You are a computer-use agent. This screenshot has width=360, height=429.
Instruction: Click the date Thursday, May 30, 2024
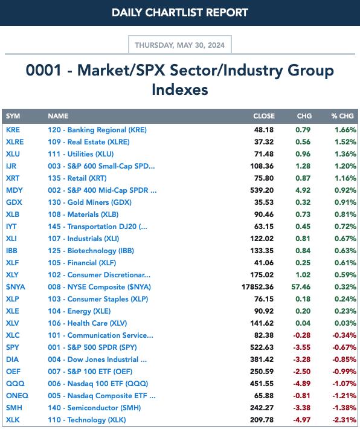(x=180, y=45)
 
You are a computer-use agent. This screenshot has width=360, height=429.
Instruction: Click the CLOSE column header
(x=264, y=116)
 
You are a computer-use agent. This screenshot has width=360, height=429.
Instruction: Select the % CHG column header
(x=342, y=116)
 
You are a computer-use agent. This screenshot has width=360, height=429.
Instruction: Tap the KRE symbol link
(x=13, y=130)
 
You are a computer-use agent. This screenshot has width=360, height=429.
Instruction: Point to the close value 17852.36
(x=257, y=287)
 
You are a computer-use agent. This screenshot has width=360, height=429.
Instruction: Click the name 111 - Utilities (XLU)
(x=81, y=154)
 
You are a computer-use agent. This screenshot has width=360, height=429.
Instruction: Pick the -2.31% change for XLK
(x=344, y=420)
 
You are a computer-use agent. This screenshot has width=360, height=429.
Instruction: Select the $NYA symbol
(x=15, y=287)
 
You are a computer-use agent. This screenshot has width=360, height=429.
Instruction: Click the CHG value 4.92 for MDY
(x=303, y=190)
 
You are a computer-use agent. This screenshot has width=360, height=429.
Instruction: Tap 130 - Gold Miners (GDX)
(x=90, y=202)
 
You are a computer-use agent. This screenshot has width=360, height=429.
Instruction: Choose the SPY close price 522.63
(x=262, y=347)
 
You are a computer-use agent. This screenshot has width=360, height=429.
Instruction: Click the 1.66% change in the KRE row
(x=346, y=130)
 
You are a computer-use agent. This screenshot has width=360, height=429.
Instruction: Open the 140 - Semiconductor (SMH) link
(x=94, y=408)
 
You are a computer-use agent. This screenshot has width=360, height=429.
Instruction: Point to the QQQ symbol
(x=15, y=384)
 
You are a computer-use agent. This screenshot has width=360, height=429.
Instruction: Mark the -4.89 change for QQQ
(x=302, y=384)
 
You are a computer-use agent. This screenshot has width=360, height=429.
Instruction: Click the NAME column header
(x=58, y=116)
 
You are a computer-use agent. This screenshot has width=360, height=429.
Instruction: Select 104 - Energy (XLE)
(x=79, y=311)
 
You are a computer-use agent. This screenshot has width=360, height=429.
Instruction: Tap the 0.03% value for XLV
(x=346, y=323)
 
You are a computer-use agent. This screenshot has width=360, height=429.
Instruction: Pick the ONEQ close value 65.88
(x=264, y=396)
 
